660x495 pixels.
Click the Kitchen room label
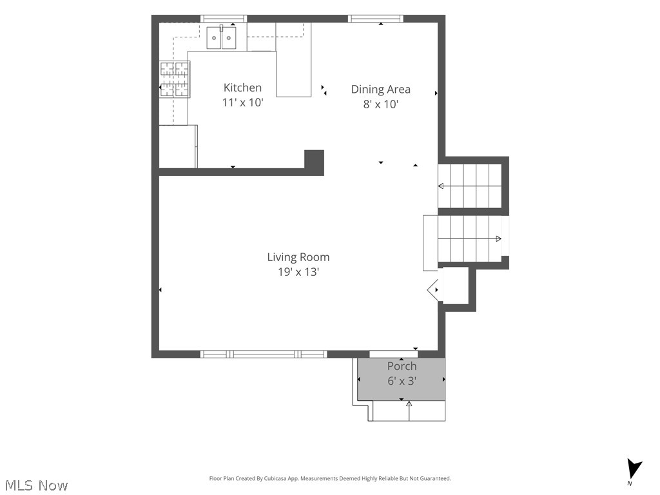point(242,88)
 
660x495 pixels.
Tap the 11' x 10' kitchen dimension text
point(242,102)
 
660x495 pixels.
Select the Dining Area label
point(380,89)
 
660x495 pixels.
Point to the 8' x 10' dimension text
point(380,104)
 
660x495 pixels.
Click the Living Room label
point(298,257)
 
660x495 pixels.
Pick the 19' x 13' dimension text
point(298,272)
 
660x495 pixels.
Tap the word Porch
point(402,366)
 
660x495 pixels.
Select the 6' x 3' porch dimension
point(402,381)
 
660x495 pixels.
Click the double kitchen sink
point(221,37)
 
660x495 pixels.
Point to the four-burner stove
point(175,79)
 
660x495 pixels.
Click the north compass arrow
point(634,469)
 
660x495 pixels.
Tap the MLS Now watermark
point(36,485)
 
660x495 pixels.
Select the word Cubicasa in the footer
point(275,479)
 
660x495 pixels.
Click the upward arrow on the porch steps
point(409,411)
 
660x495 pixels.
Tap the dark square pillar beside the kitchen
point(314,162)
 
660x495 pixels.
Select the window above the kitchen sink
point(223,19)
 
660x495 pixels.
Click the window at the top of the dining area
point(376,19)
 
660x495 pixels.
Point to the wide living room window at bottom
point(264,354)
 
